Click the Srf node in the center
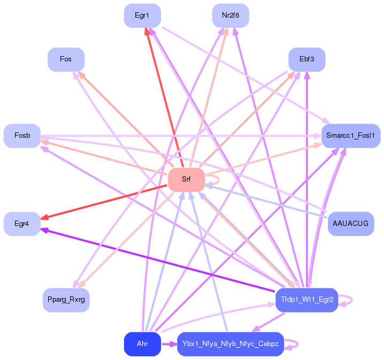[186, 180]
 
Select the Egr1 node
[142, 15]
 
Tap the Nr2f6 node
[231, 15]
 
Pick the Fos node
[66, 59]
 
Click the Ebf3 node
[307, 59]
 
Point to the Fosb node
[22, 136]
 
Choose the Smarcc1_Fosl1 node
[351, 136]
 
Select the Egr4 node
[22, 224]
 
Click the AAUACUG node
[351, 224]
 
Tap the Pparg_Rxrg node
[66, 300]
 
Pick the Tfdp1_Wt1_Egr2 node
[307, 300]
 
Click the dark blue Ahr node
[142, 344]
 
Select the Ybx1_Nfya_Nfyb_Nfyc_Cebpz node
[231, 344]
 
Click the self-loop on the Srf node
[219, 180]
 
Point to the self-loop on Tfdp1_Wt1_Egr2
[352, 300]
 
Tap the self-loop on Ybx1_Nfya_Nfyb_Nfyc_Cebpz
[298, 344]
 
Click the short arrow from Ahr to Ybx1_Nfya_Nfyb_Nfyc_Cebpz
[169, 344]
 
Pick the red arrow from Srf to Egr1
[164, 97]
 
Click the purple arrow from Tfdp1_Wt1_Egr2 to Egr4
[158, 260]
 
